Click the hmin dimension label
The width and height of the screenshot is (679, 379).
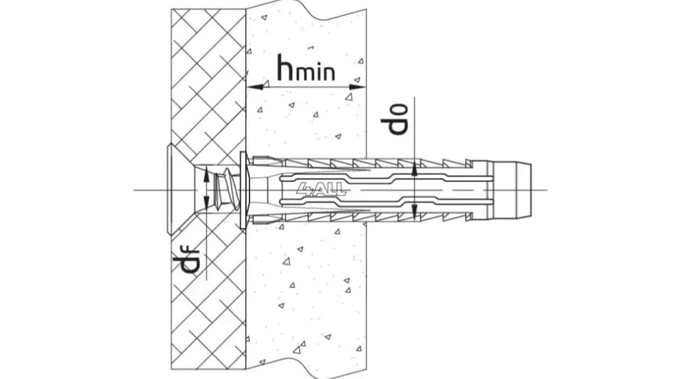pos(306,68)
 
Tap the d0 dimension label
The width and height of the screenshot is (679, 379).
pos(394,119)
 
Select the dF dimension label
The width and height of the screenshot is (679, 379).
pos(186,262)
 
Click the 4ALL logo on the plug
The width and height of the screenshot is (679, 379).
pos(321,189)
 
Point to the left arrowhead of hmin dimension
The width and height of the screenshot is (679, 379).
pos(255,87)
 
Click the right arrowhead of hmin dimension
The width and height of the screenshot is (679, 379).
pos(358,87)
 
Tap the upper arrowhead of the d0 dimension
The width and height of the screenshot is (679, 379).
pos(415,169)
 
